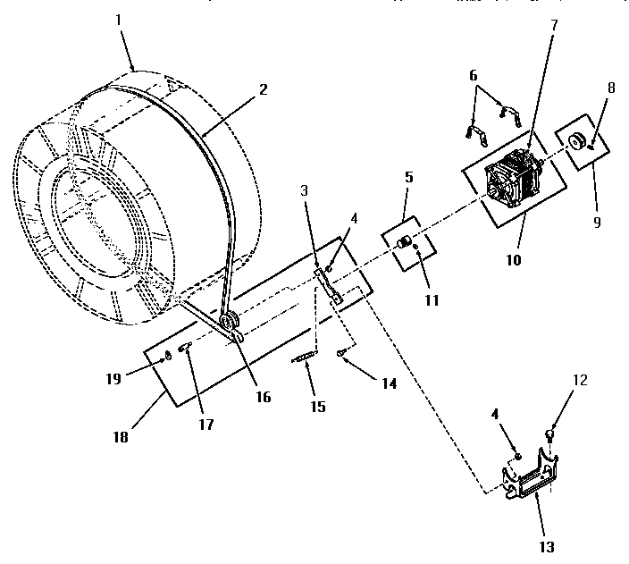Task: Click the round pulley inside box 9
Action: pos(575,139)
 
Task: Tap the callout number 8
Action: pos(609,90)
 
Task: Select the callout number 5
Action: pos(408,177)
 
